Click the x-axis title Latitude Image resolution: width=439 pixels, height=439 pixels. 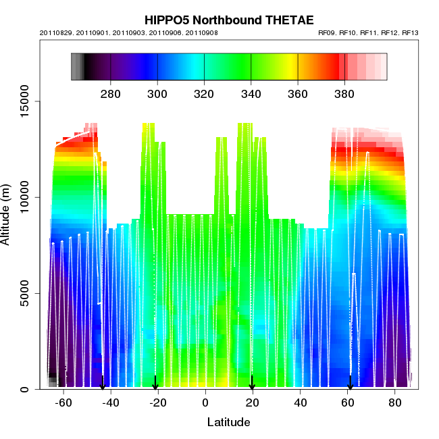228,423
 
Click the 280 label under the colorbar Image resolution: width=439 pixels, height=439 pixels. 110,93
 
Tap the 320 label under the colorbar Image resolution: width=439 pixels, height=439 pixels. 204,93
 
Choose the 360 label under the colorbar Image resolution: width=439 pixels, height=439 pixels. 298,93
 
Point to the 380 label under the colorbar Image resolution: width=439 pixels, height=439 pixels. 344,93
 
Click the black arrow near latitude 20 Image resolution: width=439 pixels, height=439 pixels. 252,383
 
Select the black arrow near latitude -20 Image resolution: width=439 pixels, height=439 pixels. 155,383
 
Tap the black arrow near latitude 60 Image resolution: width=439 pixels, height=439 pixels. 350,383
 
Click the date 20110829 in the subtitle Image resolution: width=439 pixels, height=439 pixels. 61,33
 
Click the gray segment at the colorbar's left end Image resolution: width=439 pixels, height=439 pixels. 77,67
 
